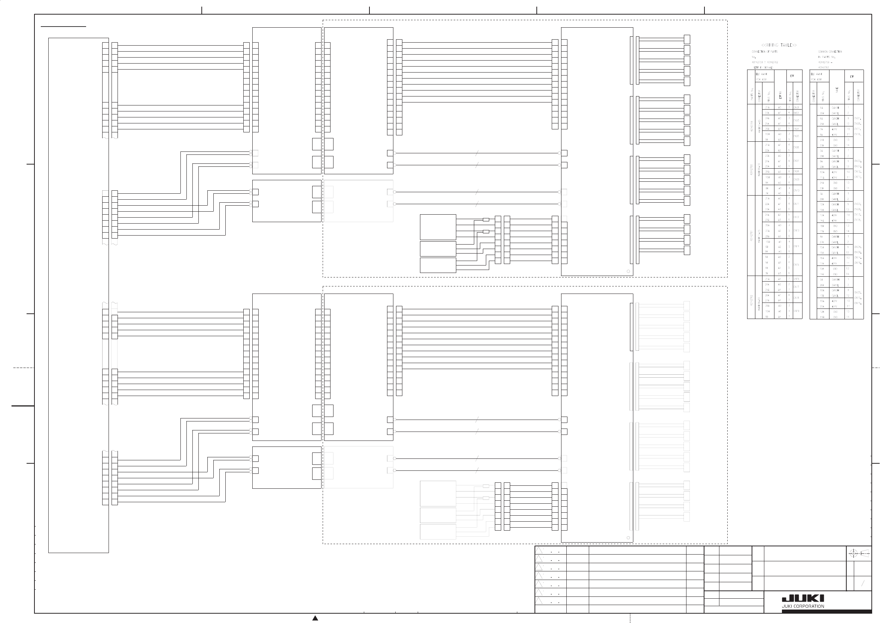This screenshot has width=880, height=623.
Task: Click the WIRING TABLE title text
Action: pyautogui.click(x=779, y=45)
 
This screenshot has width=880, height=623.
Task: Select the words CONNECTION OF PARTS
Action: pyautogui.click(x=764, y=51)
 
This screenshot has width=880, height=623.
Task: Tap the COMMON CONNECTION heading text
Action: pyautogui.click(x=830, y=51)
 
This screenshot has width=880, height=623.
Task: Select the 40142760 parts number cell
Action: pyautogui.click(x=751, y=168)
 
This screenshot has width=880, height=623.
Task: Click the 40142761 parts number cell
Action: pyautogui.click(x=751, y=235)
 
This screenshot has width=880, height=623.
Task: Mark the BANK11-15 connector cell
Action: pyautogui.click(x=759, y=235)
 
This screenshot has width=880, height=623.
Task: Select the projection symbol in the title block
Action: pyautogui.click(x=859, y=553)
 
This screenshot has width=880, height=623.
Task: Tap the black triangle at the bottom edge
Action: pyautogui.click(x=315, y=618)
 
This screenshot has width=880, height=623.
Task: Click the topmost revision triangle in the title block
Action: pyautogui.click(x=539, y=550)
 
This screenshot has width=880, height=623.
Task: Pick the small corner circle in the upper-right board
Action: pyautogui.click(x=628, y=271)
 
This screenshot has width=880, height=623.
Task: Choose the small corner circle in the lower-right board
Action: pyautogui.click(x=628, y=538)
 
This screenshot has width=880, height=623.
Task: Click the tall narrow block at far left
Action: pyautogui.click(x=78, y=295)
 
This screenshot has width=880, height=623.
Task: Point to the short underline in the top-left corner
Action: pyautogui.click(x=63, y=27)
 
